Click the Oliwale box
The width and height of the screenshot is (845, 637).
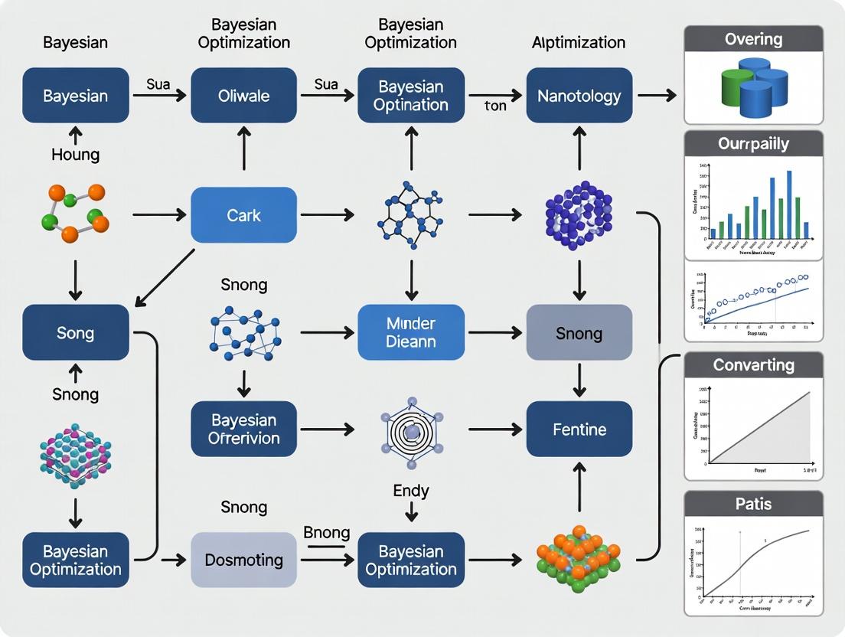click(243, 96)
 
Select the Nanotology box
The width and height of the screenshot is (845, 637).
click(579, 96)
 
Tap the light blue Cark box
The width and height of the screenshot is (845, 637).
click(243, 215)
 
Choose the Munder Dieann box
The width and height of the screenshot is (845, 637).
click(411, 332)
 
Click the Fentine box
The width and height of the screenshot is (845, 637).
click(579, 430)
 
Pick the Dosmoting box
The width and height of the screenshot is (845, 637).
click(243, 560)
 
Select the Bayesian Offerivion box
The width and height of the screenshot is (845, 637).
click(243, 429)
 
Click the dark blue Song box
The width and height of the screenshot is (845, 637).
click(75, 332)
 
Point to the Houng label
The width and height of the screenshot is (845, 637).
click(75, 155)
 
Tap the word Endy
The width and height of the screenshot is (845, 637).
click(411, 490)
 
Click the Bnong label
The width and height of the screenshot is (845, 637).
click(327, 533)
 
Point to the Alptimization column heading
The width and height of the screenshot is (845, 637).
click(579, 42)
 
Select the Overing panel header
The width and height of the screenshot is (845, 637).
click(753, 38)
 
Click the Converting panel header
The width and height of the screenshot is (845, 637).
click(753, 365)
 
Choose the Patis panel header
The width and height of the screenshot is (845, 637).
click(753, 504)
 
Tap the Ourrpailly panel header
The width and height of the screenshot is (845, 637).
click(753, 144)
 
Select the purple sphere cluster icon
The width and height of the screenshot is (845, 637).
click(579, 215)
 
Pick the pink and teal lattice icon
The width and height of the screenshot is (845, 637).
click(75, 456)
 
